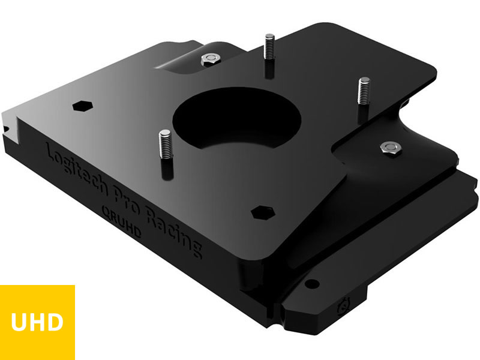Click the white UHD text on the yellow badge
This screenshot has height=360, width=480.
37,322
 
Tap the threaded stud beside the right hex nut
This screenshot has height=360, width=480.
363,95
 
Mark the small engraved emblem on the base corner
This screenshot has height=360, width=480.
346,304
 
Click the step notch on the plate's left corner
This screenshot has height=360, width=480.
7,127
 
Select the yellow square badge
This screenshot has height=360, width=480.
37,322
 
